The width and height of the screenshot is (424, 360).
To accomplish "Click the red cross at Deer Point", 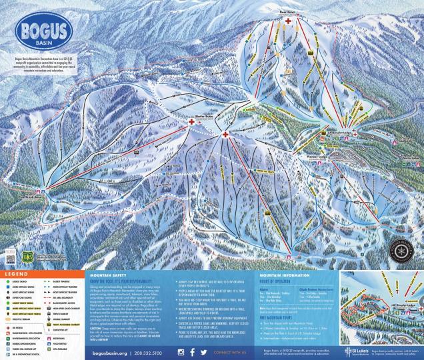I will [x=288, y=21].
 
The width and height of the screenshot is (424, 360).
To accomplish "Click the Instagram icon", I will [x=180, y=351].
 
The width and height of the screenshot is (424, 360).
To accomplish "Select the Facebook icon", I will [x=193, y=351].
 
